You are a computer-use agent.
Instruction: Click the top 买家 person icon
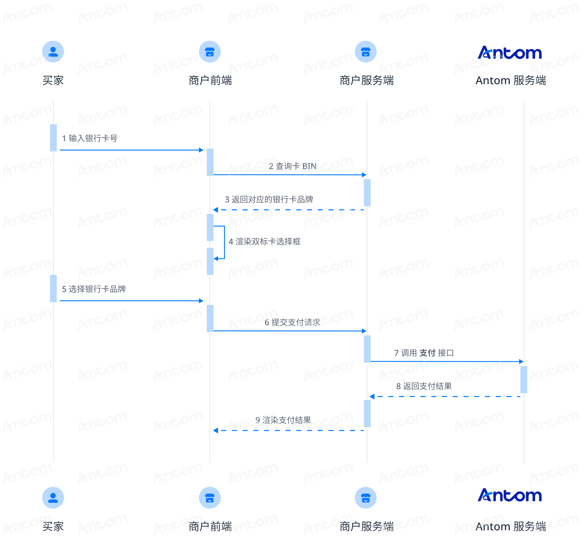point(53,52)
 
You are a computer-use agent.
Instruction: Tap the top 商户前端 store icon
point(210,52)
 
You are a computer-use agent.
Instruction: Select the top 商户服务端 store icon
point(366,52)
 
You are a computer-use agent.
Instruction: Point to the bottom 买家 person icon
point(53,498)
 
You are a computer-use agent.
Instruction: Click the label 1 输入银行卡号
point(90,138)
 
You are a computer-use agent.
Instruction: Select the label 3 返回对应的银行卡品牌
point(269,199)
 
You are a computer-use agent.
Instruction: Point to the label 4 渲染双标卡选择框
point(265,242)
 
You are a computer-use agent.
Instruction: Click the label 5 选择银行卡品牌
point(94,289)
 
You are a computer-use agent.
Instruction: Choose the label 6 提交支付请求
point(292,322)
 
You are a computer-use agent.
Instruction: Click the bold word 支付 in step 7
point(427,353)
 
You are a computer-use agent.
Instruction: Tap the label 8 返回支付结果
point(424,386)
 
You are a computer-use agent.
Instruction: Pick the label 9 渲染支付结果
point(283,420)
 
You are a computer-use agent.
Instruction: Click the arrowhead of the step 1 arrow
point(201,150)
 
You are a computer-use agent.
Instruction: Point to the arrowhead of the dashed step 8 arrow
point(372,397)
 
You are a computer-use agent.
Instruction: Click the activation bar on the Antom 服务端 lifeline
point(524,380)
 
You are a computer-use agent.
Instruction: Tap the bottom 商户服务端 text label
point(367,526)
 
